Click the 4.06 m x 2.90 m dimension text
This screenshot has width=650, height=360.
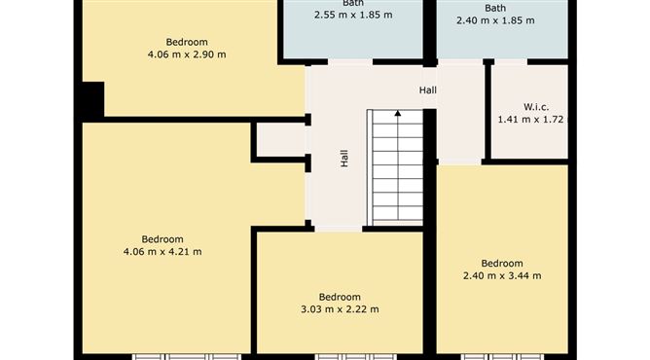click(x=187, y=54)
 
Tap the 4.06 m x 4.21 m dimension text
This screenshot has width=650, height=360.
click(x=162, y=251)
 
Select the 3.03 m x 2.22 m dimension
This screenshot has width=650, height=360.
click(x=340, y=309)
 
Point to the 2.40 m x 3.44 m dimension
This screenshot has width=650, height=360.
click(x=502, y=275)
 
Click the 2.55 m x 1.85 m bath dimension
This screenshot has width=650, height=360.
click(x=353, y=15)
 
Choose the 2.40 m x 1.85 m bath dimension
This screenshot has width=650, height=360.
click(x=495, y=20)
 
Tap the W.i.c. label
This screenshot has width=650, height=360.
click(x=536, y=107)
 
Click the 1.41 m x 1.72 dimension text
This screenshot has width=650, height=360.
click(x=530, y=120)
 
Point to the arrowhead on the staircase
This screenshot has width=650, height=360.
click(x=398, y=113)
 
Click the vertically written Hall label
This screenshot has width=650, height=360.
click(x=344, y=159)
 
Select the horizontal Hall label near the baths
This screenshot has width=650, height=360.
click(x=428, y=90)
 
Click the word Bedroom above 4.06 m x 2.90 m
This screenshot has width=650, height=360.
click(x=187, y=42)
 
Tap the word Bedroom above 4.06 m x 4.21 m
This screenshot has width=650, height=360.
click(x=162, y=239)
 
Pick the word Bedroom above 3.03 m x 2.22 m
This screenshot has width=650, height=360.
click(x=340, y=297)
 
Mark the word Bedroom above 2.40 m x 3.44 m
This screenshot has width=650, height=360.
click(x=502, y=263)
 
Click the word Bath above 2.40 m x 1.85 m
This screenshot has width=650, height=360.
click(x=495, y=8)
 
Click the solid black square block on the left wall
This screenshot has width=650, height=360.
click(x=93, y=99)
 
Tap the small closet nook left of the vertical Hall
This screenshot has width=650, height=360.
click(x=281, y=140)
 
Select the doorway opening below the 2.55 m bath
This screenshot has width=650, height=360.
click(x=350, y=62)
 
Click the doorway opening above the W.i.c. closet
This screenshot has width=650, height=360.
click(x=511, y=62)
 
